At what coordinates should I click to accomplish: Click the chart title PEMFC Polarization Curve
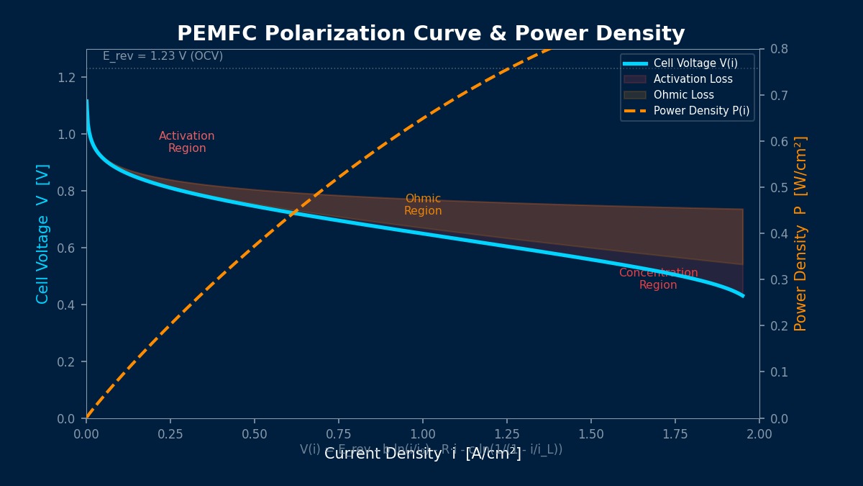click(431, 34)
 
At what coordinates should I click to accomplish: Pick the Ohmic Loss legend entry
click(683, 95)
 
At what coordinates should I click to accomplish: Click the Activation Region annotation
click(187, 142)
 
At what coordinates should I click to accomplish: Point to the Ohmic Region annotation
click(423, 204)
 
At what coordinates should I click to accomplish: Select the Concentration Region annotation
click(658, 279)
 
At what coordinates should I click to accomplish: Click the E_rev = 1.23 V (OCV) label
click(163, 56)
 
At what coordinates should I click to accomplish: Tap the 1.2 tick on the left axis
click(67, 78)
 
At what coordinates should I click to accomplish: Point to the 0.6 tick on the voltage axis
click(67, 248)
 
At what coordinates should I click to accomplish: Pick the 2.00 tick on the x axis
click(759, 433)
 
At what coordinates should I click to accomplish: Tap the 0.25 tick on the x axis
click(170, 433)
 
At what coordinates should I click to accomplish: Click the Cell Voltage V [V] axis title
click(43, 233)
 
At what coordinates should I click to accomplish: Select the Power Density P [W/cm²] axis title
click(800, 233)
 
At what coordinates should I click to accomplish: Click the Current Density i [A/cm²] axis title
click(423, 454)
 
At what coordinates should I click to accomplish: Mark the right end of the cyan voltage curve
click(742, 295)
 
